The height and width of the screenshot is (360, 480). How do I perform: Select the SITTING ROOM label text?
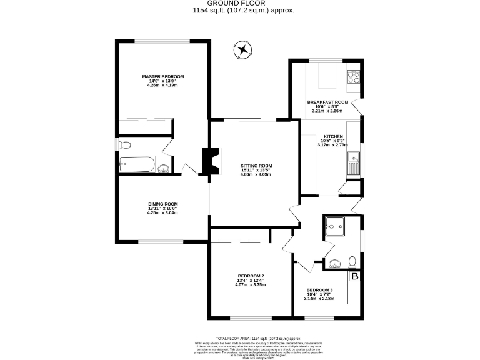(x=256, y=165)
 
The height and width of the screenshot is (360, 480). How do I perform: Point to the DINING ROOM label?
(x=162, y=204)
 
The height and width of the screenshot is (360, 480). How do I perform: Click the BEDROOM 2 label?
(x=251, y=276)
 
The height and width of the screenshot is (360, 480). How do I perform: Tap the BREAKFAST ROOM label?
(x=327, y=102)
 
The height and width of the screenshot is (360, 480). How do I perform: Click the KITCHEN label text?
(x=332, y=136)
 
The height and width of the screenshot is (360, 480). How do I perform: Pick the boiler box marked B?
(x=355, y=276)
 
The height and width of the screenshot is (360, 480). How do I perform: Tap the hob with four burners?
(x=354, y=77)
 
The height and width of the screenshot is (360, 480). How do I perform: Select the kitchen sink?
(x=353, y=162)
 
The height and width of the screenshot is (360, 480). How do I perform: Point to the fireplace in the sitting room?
(x=210, y=160)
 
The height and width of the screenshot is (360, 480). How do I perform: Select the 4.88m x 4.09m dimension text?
(x=256, y=174)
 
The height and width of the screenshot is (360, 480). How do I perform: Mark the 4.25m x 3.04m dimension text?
(x=162, y=213)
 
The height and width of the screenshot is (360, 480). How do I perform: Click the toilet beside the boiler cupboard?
(x=352, y=261)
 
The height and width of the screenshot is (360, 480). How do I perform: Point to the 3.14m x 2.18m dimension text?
(x=319, y=299)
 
